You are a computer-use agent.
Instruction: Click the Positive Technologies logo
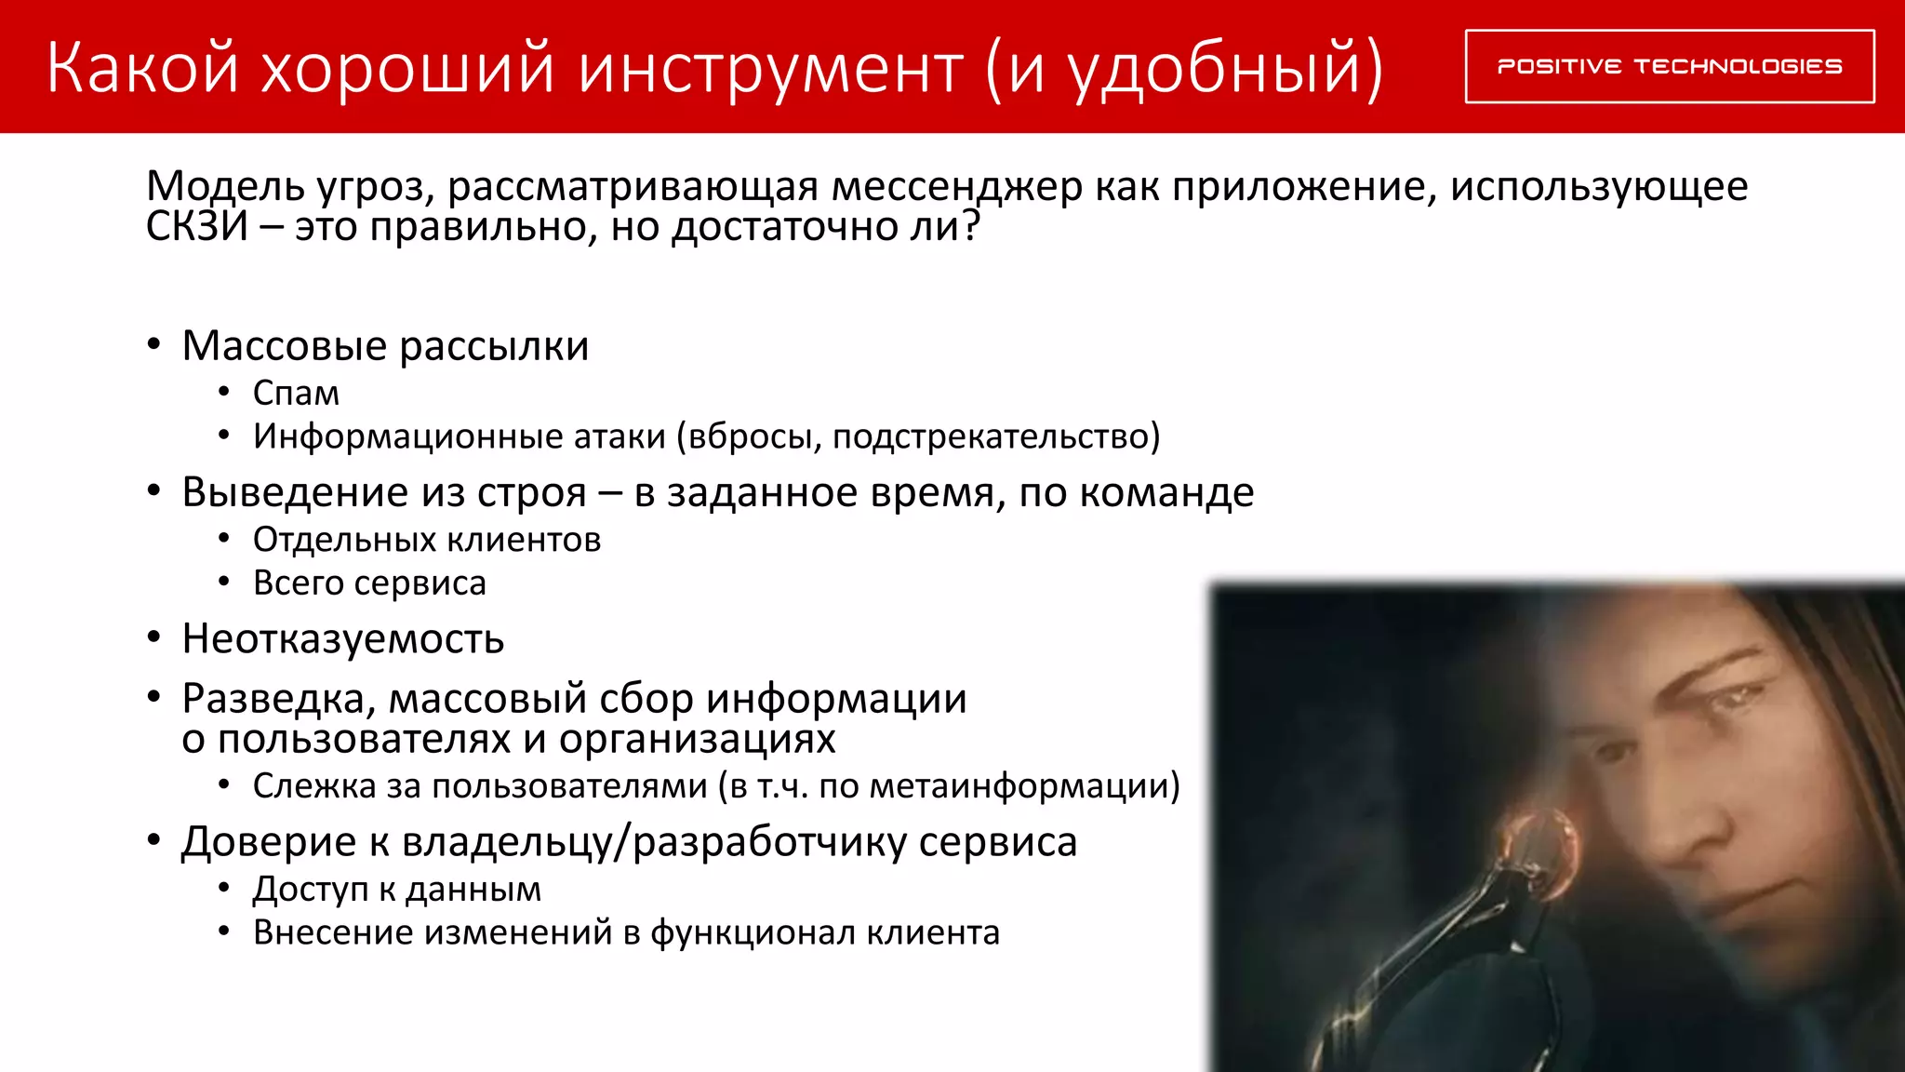click(1670, 66)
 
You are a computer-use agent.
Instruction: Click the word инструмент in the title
click(770, 69)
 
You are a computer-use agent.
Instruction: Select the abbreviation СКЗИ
click(197, 226)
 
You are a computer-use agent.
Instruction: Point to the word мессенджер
click(956, 187)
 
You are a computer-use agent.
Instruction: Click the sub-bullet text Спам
click(296, 394)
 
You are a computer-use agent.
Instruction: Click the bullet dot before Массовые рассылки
click(154, 345)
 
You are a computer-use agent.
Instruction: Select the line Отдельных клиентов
click(427, 540)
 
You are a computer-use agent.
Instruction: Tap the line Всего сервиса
click(369, 583)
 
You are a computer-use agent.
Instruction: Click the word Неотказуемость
click(343, 639)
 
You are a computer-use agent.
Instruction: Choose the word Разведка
click(278, 699)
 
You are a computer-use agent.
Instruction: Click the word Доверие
click(268, 842)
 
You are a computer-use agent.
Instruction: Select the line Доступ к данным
click(397, 890)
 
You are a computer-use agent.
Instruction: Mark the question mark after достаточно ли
click(971, 226)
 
